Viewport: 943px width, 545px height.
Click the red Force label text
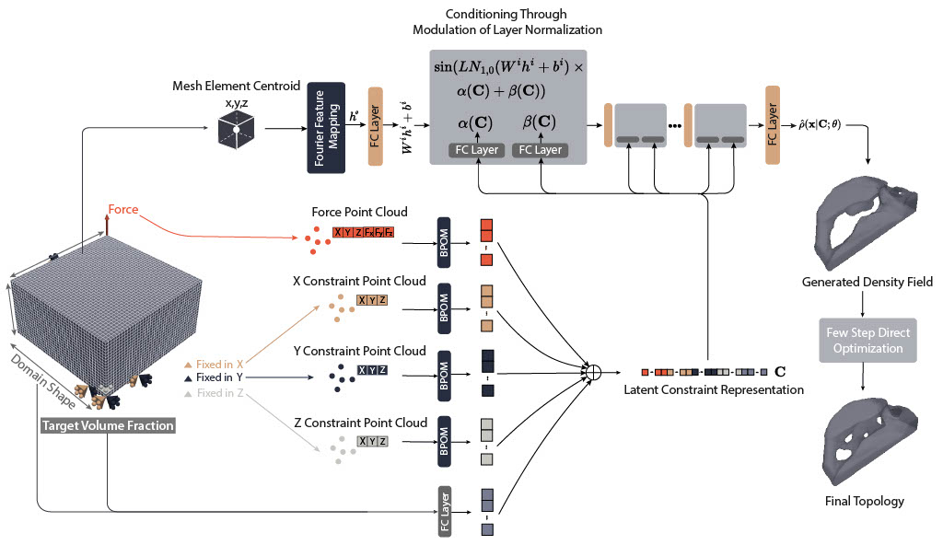click(x=122, y=209)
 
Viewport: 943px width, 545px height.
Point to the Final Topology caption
click(x=865, y=502)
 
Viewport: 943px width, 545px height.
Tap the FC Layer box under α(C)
click(x=476, y=149)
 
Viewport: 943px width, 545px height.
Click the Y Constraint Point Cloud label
click(x=359, y=351)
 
